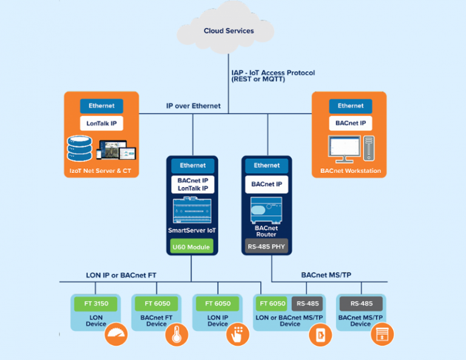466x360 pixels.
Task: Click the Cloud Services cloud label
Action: (x=229, y=31)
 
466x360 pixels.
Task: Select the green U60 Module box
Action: (x=192, y=246)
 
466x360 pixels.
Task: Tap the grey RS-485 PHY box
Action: (x=266, y=246)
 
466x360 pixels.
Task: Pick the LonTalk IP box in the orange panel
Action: (x=101, y=123)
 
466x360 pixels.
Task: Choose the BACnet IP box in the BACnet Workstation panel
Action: (x=351, y=123)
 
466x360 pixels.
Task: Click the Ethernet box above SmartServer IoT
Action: (x=192, y=165)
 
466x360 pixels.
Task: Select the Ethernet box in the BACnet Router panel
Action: (x=266, y=165)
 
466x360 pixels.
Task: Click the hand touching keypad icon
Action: (x=238, y=335)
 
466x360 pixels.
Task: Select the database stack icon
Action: (x=79, y=149)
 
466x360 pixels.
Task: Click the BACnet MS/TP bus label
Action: (x=326, y=275)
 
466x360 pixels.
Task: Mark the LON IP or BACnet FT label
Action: (x=121, y=275)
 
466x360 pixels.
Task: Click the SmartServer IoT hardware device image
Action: (x=192, y=210)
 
